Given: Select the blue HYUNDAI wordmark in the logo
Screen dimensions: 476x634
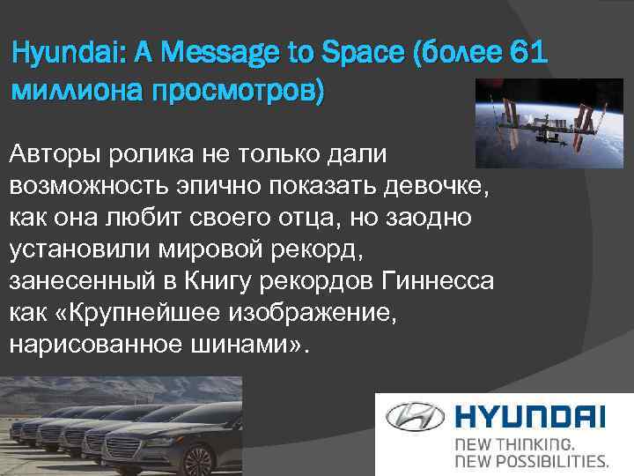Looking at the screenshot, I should tap(528, 415).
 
